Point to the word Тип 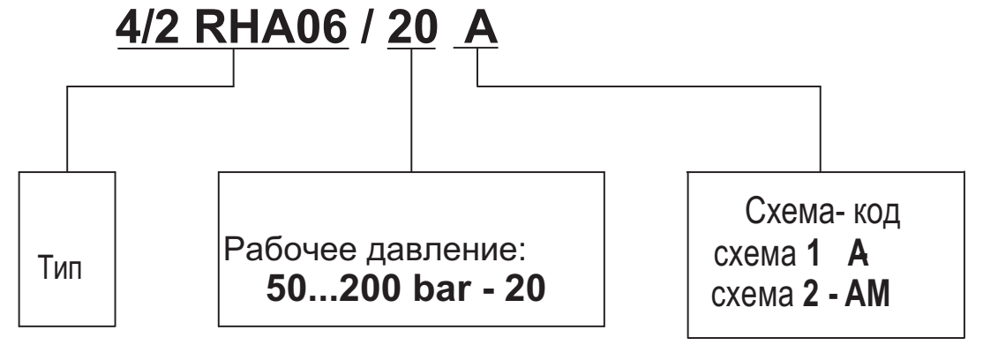(x=66, y=268)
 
